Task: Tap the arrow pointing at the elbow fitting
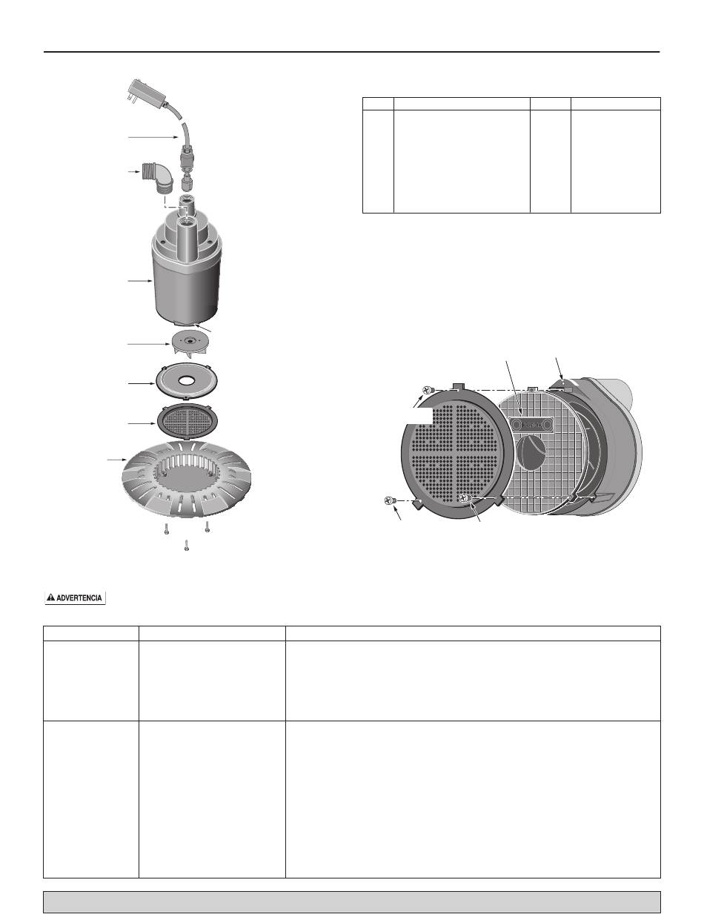[134, 172]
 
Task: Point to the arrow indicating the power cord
[153, 137]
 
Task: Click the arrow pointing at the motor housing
[140, 280]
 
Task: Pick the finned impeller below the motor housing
[189, 345]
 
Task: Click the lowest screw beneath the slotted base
[186, 546]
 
